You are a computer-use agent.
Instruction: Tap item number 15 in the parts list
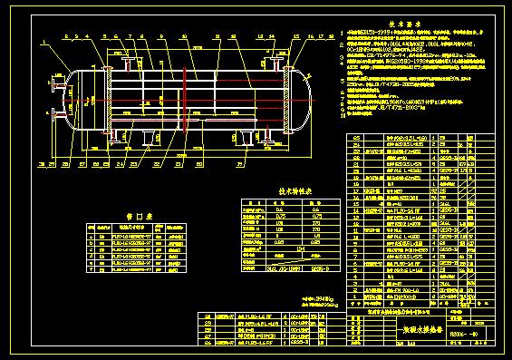[356, 216]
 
